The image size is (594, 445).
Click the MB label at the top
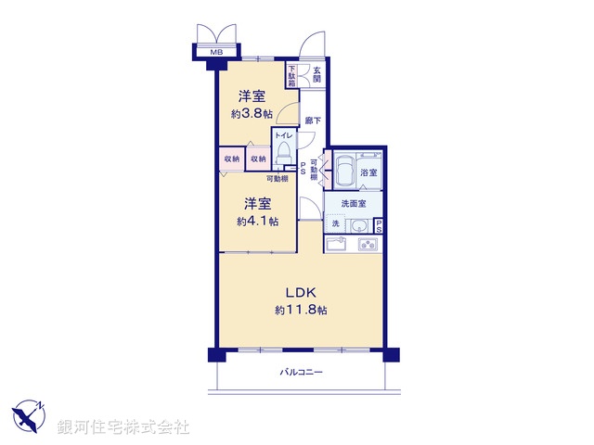click(216, 53)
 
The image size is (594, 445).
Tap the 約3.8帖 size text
click(252, 114)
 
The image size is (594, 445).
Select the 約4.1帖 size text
click(256, 222)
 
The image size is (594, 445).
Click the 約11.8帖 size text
click(300, 311)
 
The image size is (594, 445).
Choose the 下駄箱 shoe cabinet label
click(291, 74)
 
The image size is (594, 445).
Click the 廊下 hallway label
click(313, 121)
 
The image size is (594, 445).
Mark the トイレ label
click(283, 135)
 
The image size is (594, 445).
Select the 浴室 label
click(368, 172)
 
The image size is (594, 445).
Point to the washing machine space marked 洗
click(335, 225)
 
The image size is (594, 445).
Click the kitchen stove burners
click(367, 246)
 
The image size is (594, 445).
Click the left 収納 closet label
click(231, 159)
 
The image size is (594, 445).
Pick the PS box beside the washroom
click(380, 225)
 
